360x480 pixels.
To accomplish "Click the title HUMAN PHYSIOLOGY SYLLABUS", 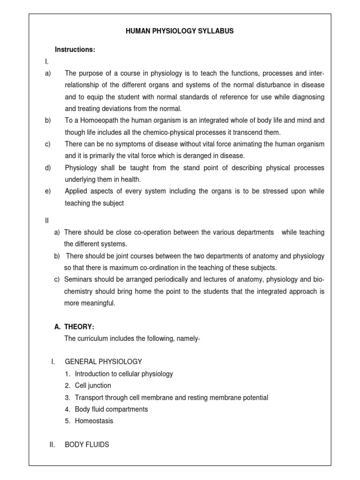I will click(180, 31).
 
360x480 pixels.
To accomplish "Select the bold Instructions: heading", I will click(75, 50).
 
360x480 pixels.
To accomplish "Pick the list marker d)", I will click(48, 168).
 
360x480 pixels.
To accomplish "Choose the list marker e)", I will click(48, 191).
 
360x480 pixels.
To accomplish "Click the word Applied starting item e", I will click(76, 191).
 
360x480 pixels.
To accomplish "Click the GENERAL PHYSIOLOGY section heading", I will click(103, 362).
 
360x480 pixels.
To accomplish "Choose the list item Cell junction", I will click(93, 385).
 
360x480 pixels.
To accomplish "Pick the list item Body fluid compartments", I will click(111, 409).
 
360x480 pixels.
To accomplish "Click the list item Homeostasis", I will click(94, 421).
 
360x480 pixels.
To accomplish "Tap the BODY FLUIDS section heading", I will click(87, 444).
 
